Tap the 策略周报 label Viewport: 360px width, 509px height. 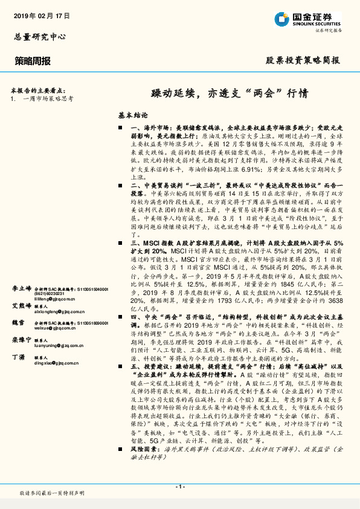(x=33, y=60)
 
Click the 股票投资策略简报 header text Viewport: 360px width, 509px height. (x=303, y=60)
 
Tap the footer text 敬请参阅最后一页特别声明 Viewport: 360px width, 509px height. (x=52, y=494)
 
